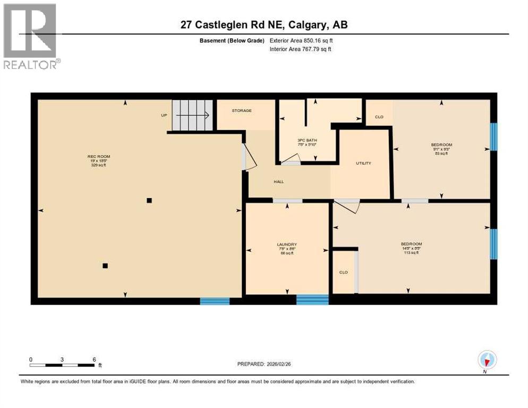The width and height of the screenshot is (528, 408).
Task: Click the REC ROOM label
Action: pos(99,156)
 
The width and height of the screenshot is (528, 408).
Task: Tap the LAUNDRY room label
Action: pos(287,244)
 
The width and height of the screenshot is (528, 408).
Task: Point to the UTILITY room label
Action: pos(363,163)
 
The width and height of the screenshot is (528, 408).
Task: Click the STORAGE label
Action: pos(241,110)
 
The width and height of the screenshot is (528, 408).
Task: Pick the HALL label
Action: pos(278,182)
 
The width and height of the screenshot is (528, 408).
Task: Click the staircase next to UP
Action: pos(193,115)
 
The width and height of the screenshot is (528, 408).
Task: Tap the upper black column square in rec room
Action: pos(149,200)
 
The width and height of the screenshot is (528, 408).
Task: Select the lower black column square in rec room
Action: pos(105,266)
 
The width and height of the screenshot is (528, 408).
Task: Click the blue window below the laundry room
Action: pos(312,300)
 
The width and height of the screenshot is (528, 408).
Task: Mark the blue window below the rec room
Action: pos(215,301)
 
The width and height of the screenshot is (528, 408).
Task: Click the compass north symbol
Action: pos(487,360)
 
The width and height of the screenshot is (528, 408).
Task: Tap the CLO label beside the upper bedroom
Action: pos(379,117)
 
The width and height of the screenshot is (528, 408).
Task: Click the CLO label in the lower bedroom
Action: pos(343,273)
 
